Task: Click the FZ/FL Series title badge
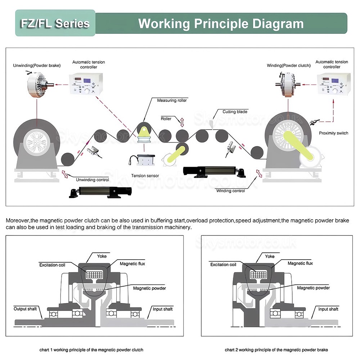(x=55, y=23)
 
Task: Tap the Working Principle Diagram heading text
(x=221, y=23)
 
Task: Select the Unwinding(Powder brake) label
(x=37, y=66)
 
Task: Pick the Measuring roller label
(x=172, y=100)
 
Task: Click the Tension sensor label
(x=145, y=176)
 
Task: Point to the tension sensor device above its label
(x=144, y=159)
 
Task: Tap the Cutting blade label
(x=235, y=112)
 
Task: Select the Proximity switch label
(x=333, y=133)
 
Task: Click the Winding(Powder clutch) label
(x=288, y=66)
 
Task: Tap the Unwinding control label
(x=93, y=180)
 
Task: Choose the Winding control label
(x=230, y=191)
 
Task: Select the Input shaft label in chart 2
(x=328, y=309)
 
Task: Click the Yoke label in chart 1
(x=102, y=256)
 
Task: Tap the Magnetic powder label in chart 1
(x=149, y=288)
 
